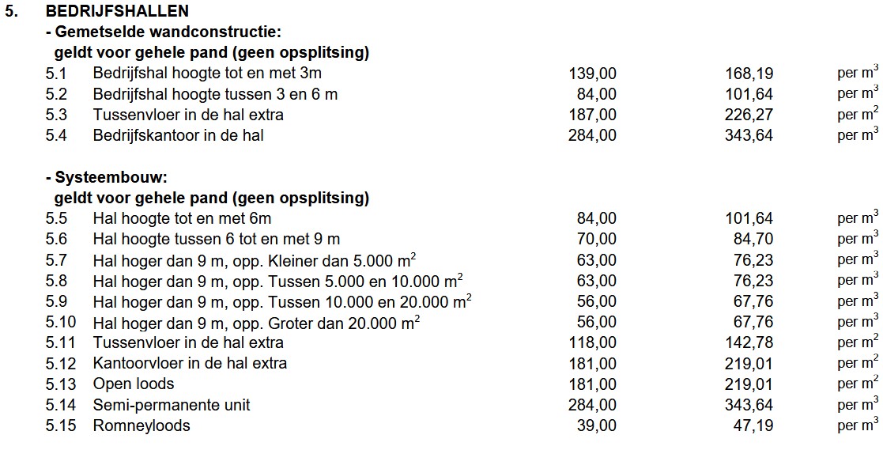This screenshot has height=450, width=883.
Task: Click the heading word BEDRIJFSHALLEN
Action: click(117, 11)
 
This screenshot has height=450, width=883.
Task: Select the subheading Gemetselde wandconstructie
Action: click(166, 32)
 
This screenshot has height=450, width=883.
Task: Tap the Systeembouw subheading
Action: click(111, 177)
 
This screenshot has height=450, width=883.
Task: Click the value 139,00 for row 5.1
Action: click(592, 74)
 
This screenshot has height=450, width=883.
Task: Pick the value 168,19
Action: click(749, 74)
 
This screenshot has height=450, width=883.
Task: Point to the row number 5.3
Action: click(56, 115)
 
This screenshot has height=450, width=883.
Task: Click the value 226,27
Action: click(749, 115)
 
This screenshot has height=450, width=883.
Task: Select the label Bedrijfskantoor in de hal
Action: click(178, 135)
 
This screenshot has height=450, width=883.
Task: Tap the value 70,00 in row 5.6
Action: click(597, 239)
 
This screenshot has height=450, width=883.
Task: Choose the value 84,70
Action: click(753, 239)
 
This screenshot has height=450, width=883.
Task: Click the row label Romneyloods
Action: click(142, 425)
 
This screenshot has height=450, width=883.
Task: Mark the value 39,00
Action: click(597, 425)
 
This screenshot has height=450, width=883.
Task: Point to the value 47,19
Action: click(753, 425)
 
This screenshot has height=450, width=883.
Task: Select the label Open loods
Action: click(134, 384)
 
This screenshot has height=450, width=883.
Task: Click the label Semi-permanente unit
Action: click(172, 405)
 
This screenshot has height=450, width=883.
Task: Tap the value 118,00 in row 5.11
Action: click(592, 342)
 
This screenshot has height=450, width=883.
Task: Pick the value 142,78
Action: click(749, 342)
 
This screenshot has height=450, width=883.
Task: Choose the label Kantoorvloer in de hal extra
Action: click(190, 363)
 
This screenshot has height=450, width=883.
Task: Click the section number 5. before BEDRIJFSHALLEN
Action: click(11, 11)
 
